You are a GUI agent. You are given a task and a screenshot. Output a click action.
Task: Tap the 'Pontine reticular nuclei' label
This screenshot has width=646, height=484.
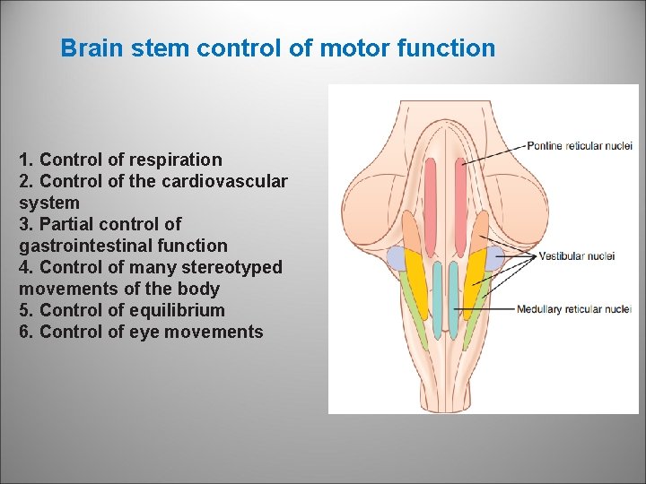click(x=579, y=146)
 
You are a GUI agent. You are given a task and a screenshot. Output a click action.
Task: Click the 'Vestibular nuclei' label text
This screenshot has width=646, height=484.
click(x=577, y=256)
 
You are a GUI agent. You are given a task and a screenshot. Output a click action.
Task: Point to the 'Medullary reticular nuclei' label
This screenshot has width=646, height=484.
click(x=573, y=310)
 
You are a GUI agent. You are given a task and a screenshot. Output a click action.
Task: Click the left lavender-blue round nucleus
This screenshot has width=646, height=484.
click(x=397, y=259)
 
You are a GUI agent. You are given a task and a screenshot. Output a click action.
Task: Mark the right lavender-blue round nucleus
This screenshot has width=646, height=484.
click(x=494, y=259)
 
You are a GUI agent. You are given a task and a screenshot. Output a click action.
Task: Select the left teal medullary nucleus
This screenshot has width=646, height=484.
click(x=437, y=305)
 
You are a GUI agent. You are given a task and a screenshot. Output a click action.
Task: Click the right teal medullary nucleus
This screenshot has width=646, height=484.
click(x=455, y=305)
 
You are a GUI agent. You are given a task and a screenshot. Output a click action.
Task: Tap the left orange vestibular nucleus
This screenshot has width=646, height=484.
click(x=410, y=229)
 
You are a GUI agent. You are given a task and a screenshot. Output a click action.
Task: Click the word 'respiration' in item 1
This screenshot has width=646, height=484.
click(x=175, y=160)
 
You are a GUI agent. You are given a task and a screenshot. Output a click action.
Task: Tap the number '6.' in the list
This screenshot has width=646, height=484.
click(x=27, y=333)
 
